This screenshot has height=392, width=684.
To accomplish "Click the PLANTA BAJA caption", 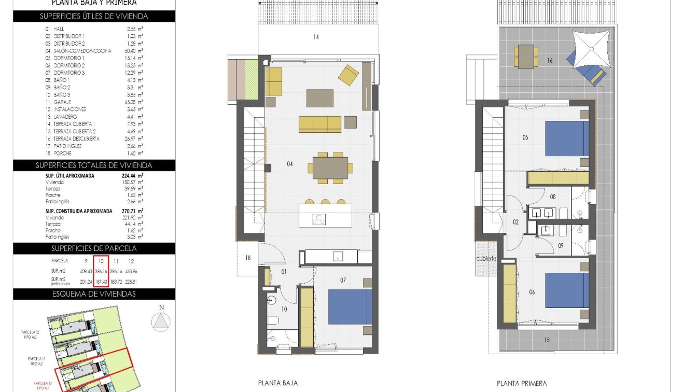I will click(278, 383).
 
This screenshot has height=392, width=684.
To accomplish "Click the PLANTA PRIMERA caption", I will click(521, 384).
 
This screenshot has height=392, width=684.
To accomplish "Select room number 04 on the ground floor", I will click(289, 164).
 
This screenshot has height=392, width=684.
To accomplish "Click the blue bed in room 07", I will click(350, 306).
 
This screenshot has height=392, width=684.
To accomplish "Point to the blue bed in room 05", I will click(567, 138).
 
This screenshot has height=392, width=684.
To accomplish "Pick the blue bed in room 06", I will click(567, 291).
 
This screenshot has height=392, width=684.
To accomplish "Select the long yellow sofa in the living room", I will click(320, 124).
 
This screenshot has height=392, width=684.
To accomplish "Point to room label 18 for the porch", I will click(248, 258).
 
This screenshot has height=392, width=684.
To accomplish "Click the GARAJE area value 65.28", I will click(135, 102).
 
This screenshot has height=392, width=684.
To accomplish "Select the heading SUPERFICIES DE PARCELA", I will click(94, 248).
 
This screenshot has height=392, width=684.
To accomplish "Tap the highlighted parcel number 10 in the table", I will click(101, 261).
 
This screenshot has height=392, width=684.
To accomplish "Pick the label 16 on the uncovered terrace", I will click(550, 61).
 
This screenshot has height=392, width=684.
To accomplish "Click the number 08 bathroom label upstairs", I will click(553, 197).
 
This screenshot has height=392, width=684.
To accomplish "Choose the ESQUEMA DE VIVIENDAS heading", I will click(94, 294).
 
